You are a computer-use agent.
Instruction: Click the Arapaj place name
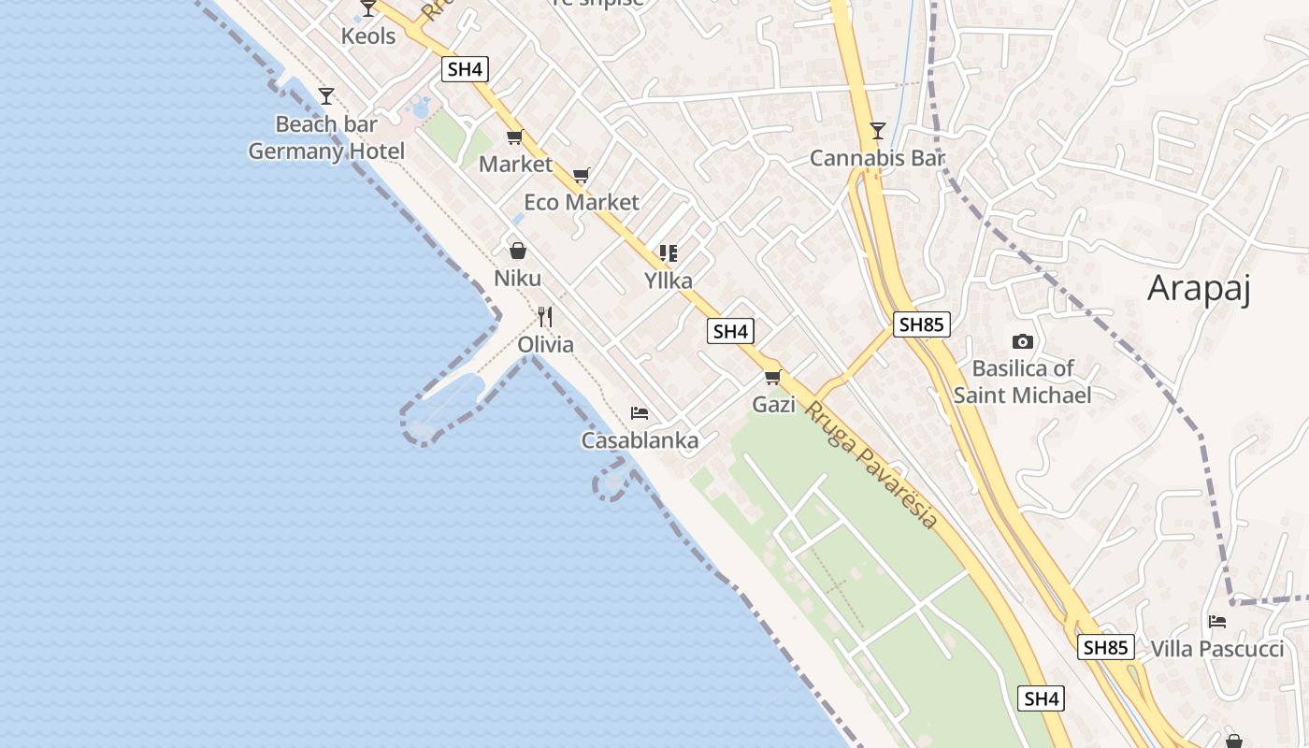1199,288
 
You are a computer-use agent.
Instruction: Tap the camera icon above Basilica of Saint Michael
1023,342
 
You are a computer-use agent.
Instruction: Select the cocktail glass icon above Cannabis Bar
877,131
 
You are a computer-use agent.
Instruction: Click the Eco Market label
582,202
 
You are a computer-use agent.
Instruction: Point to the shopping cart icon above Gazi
773,378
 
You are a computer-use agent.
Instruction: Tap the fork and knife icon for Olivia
546,317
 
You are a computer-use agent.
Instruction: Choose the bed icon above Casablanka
640,413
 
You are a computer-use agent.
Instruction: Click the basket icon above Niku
517,251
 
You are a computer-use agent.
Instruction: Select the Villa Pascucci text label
1217,649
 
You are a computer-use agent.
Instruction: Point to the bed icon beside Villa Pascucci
1216,622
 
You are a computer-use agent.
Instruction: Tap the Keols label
368,36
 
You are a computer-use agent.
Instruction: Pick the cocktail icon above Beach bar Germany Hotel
326,95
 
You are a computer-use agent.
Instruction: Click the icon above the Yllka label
668,253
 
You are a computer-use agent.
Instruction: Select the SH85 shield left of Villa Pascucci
1106,647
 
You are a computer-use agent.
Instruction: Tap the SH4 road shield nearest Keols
466,68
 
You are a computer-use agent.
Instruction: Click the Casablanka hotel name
640,440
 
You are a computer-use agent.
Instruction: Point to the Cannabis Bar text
877,158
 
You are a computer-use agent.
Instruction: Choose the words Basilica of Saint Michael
1023,381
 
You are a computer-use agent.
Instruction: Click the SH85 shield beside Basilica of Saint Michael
922,324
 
